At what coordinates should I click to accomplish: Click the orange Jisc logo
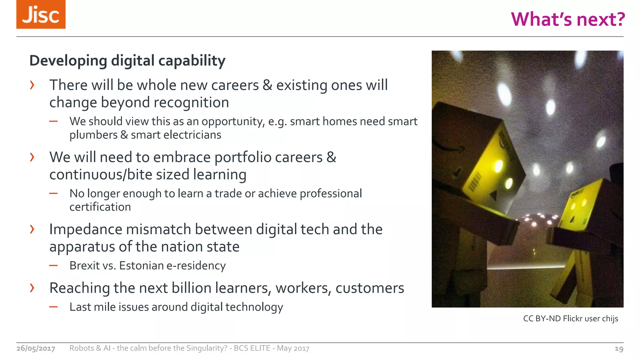point(41,14)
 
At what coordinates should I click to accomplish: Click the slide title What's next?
point(567,19)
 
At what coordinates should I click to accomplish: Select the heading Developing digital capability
point(127,61)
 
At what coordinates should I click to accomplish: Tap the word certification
point(100,207)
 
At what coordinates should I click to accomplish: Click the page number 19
point(619,349)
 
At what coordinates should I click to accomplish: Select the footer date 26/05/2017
point(36,348)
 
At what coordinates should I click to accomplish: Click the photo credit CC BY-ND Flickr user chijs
point(570,319)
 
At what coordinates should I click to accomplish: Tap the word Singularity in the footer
point(207,348)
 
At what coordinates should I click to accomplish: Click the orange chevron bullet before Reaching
point(32,287)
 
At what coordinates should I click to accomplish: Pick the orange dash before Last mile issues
point(53,307)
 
